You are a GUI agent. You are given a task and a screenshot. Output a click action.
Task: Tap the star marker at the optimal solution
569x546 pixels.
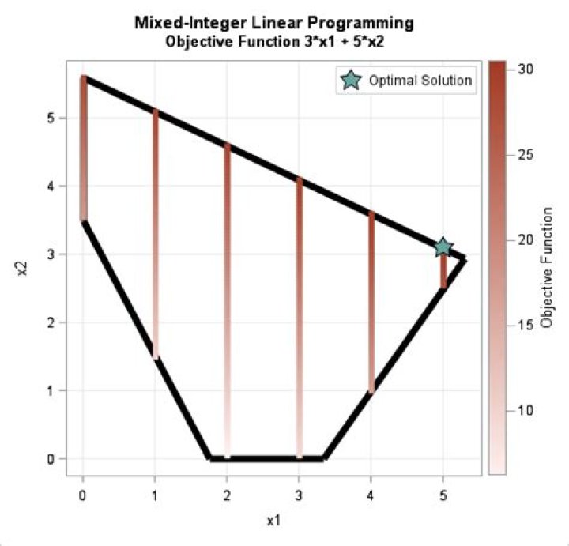pyautogui.click(x=443, y=247)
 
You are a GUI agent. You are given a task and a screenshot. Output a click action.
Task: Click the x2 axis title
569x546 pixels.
pyautogui.click(x=23, y=269)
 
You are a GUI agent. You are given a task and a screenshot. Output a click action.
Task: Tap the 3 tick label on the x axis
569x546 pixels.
pyautogui.click(x=299, y=495)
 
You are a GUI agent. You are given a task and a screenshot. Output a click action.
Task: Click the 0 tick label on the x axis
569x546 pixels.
pyautogui.click(x=83, y=495)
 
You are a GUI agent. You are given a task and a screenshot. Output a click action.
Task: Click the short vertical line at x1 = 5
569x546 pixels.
pyautogui.click(x=443, y=273)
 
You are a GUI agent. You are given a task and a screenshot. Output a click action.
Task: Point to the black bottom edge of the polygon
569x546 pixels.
pyautogui.click(x=266, y=458)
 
